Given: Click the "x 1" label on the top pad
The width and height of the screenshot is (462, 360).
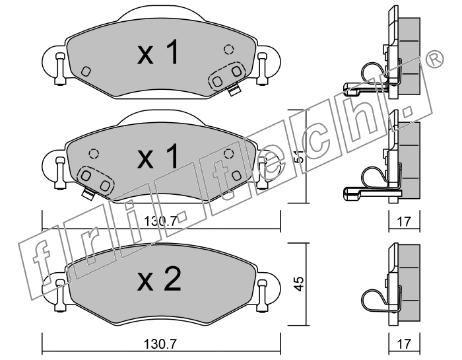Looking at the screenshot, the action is pos(158,52).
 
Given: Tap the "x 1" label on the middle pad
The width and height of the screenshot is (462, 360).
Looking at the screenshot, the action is pos(158,157).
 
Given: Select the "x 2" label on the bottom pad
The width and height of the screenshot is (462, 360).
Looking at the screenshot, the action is pos(159,279).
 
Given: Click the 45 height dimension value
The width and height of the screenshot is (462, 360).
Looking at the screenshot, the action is pos(300,284).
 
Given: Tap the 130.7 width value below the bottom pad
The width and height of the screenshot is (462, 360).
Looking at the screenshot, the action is pos(160,343).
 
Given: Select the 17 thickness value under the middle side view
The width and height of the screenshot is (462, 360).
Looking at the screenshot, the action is pos(404,221).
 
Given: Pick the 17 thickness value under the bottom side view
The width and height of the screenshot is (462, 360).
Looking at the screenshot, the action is pos(404,343).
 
